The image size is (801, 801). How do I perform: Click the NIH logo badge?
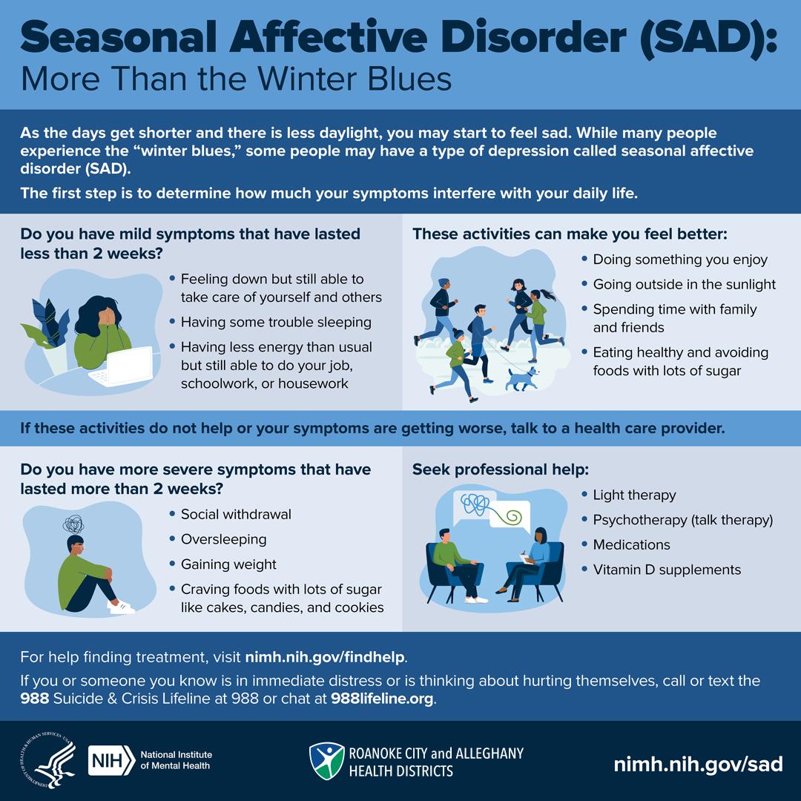point(111,760)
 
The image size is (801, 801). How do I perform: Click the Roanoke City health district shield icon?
point(327,761)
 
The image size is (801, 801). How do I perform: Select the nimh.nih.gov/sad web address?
point(699,764)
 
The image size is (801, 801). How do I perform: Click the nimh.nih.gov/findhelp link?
point(325,657)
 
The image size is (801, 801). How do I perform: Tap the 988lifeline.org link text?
point(382,699)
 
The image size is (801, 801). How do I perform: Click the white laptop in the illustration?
point(122,367)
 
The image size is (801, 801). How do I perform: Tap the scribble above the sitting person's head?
point(73,524)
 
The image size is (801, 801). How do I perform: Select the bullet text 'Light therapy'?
point(634,495)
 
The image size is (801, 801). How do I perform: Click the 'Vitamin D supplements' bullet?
point(667,570)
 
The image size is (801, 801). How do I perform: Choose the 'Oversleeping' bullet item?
point(224,539)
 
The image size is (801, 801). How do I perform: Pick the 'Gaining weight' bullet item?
point(228,564)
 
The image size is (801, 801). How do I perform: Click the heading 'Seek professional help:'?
point(501,469)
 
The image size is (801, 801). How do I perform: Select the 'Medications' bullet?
point(631,544)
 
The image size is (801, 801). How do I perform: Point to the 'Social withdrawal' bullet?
point(236,515)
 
